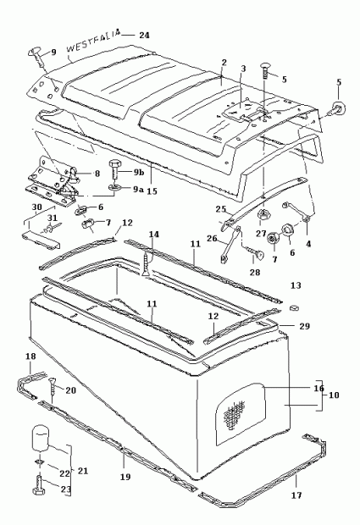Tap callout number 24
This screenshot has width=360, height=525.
point(144,36)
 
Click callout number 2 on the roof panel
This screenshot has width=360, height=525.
point(224,63)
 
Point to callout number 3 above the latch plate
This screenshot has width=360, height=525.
point(243,69)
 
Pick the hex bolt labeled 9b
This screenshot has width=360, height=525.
point(114,171)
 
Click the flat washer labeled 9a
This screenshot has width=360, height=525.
point(114,187)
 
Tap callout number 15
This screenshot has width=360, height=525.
point(152,191)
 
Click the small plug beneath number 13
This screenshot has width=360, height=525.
point(294,307)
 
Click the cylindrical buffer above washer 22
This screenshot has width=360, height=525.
point(41,438)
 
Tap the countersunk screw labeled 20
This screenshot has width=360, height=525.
point(53,388)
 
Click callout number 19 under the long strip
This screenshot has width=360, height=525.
point(125,477)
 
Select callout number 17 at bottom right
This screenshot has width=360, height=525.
point(296,495)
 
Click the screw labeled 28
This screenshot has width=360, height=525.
point(254,252)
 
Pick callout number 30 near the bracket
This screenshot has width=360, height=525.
point(36,207)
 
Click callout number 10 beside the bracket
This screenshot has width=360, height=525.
point(334,395)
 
